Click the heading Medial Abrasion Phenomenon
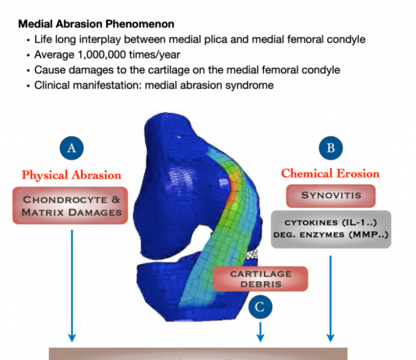96,24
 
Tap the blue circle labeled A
72,148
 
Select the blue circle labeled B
330,148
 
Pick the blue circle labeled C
260,307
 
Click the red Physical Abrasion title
72,175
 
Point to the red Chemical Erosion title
330,174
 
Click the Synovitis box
331,196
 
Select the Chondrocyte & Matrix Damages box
70,206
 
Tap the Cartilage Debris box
260,279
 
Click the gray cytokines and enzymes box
331,229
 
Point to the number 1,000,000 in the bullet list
101,55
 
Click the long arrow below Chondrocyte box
72,286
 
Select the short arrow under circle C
260,332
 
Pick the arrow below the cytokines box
330,298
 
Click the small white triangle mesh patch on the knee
252,254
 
